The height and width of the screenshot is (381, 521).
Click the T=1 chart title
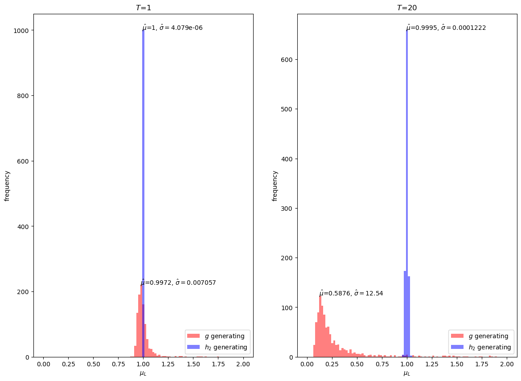[x=143, y=8]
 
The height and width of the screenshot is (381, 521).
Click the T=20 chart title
[x=407, y=8]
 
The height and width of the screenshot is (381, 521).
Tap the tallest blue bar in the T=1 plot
[x=143, y=178]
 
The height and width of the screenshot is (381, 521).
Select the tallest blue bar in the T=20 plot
[x=407, y=178]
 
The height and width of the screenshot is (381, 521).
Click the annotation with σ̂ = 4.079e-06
[x=172, y=28]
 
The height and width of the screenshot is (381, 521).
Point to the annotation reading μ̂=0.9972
[x=178, y=283]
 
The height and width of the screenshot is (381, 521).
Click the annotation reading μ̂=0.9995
[x=446, y=28]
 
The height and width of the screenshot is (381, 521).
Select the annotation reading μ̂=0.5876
[x=351, y=293]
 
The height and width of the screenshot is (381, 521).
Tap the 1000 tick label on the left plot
[x=22, y=30]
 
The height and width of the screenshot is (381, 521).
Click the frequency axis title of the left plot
[x=7, y=185]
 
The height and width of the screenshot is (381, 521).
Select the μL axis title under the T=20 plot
[x=407, y=373]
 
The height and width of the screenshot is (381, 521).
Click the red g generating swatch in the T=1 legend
[x=194, y=336]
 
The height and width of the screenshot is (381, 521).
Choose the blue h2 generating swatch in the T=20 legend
[x=457, y=347]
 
